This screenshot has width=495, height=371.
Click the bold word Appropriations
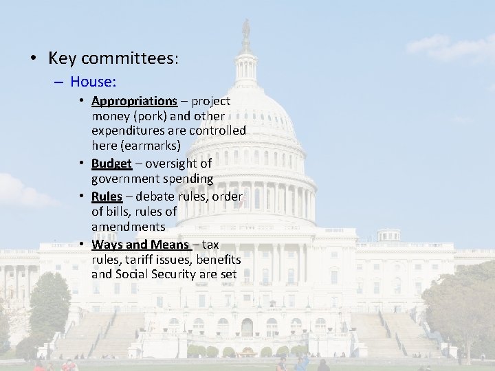134,102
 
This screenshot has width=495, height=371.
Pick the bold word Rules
107,196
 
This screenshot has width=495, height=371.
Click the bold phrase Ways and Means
141,244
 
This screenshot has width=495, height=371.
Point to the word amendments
128,227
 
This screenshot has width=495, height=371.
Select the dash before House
58,82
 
